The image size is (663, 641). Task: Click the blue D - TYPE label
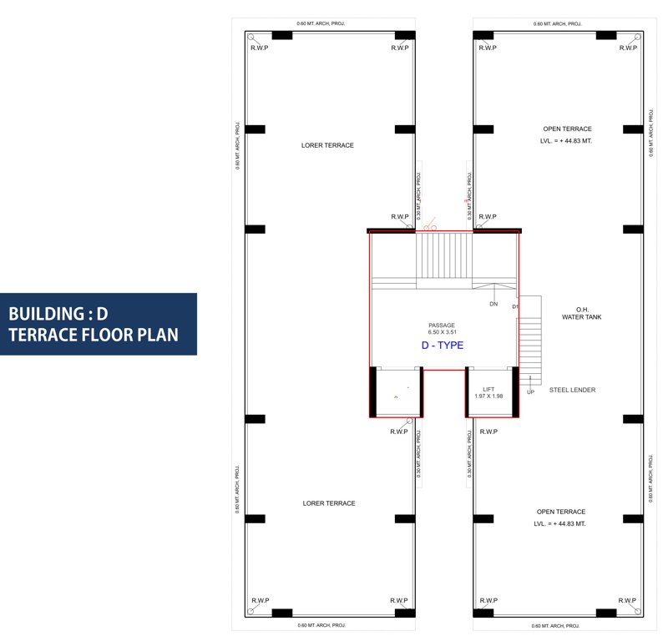coord(443,345)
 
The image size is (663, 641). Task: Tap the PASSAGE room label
coord(442,325)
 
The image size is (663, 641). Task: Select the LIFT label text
coord(488,389)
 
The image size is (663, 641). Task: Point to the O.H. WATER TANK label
coord(582,313)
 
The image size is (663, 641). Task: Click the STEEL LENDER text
coord(572,390)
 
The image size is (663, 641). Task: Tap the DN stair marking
coord(493,304)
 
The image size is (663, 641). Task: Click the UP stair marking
coord(530,391)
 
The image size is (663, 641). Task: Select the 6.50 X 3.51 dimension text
coord(442,332)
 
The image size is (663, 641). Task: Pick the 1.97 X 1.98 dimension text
coord(488,396)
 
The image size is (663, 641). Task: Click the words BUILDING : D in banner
coord(58,314)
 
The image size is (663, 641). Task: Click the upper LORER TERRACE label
coord(327,145)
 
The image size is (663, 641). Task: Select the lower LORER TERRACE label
coord(329,503)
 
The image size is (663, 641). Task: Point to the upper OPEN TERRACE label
coord(567,129)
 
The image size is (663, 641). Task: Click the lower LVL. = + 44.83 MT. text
coord(559,523)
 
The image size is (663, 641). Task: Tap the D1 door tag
coord(515,307)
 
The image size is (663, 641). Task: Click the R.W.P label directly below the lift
coord(488,432)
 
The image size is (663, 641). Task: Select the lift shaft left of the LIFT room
coord(397,392)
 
